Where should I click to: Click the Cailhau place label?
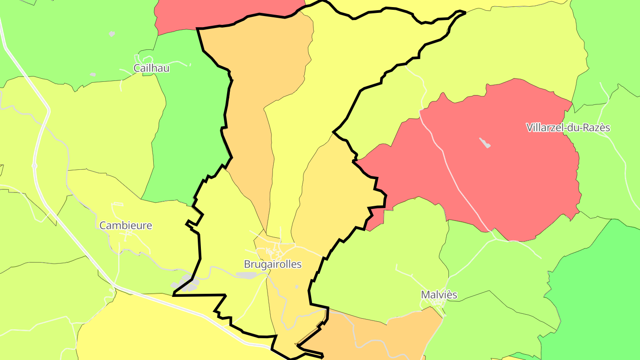tap(152, 68)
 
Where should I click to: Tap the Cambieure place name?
tap(126, 225)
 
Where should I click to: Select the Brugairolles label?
tap(272, 264)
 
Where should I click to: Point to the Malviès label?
tap(439, 295)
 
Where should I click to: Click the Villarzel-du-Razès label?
tap(568, 128)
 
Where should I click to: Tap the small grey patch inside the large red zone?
tap(485, 143)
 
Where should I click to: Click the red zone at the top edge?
tap(222, 13)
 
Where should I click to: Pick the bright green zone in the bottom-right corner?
tap(596, 302)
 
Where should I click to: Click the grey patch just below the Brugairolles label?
tap(247, 276)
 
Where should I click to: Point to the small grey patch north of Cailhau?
tap(112, 34)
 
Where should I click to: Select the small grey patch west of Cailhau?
tap(92, 75)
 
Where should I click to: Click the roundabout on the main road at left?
tap(34, 166)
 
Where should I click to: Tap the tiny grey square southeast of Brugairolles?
tap(297, 287)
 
